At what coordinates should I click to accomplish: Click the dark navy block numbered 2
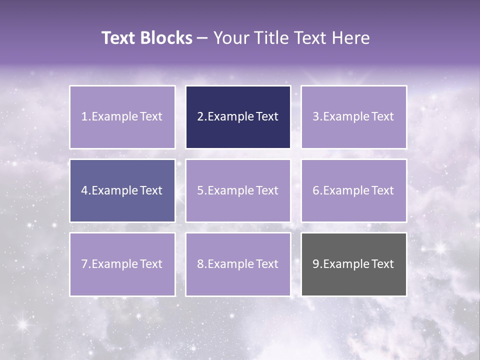238,117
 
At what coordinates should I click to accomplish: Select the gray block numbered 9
353,264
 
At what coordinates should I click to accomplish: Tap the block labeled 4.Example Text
122,190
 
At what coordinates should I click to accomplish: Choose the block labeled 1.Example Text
122,117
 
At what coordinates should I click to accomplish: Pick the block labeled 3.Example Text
353,117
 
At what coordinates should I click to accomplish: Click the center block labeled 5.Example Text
238,190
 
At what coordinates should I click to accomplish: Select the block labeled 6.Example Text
353,190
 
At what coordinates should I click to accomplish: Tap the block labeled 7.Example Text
122,264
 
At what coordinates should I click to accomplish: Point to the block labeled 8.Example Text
238,264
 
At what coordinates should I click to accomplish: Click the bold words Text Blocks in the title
146,38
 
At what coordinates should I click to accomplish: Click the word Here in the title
350,38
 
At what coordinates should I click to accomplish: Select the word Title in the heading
270,38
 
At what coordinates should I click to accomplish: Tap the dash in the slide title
202,38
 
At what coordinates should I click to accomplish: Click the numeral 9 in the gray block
316,264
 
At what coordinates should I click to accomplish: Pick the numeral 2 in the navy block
200,117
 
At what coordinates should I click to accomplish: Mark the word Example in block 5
230,190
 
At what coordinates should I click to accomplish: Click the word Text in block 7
151,264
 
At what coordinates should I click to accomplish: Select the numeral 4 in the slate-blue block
84,190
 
